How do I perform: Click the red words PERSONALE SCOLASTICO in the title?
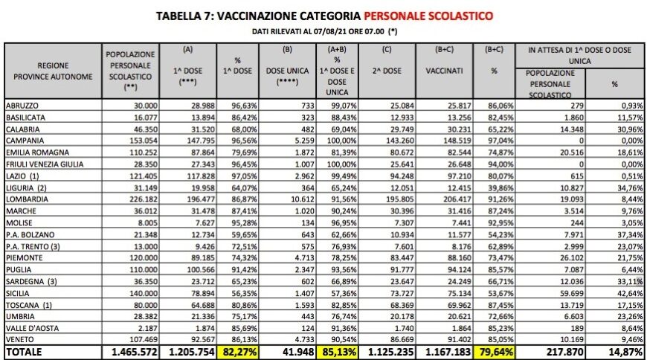pos(428,15)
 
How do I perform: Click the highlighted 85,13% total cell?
pos(336,351)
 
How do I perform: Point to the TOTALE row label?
pos(26,351)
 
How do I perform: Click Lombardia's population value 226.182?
pos(139,199)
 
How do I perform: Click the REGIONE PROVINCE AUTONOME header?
pos(54,71)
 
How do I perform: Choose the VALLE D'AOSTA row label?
pos(33,327)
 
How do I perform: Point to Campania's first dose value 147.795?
pos(191,139)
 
